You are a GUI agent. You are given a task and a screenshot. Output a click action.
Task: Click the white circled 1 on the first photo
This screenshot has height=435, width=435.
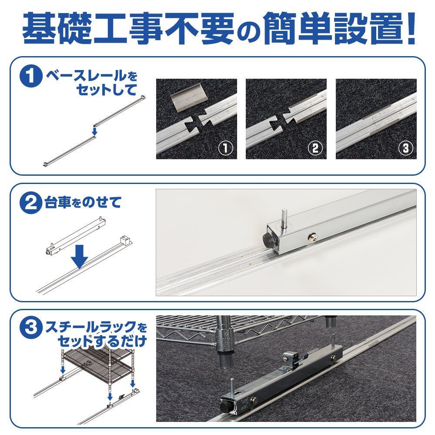[x=225, y=148]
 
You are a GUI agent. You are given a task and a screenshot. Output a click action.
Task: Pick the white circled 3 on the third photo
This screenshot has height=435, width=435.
[x=405, y=148]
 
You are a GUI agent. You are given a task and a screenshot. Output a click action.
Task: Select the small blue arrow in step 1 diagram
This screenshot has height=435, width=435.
[x=94, y=130]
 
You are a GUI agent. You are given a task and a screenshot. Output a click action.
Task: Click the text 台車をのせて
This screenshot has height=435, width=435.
[x=83, y=203]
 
